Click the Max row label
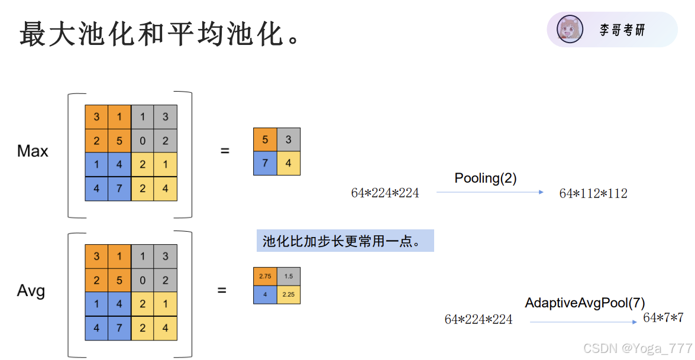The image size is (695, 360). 33,151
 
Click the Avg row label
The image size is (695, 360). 31,291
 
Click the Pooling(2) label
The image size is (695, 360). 485,178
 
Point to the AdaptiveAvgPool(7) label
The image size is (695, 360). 584,303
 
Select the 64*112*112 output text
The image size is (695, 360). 593,193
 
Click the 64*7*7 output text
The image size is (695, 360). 663,318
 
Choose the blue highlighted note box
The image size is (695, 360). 345,241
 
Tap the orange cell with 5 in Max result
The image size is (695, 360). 265,140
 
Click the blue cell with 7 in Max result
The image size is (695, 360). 265,163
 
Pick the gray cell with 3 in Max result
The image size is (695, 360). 288,140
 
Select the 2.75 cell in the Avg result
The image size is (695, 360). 265,276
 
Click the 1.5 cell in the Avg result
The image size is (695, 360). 288,276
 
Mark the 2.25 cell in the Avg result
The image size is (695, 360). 288,294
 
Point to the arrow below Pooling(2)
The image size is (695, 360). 489,192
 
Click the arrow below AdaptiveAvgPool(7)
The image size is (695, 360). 583,322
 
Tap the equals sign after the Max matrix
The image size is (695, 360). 225,151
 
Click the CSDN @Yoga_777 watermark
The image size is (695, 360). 637,349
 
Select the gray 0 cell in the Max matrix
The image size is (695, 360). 143,140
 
